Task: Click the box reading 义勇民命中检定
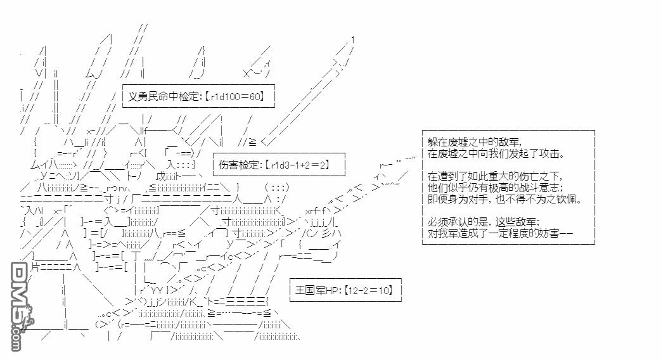coord(198,96)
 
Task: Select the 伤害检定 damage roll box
coord(279,165)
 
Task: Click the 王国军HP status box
coord(345,290)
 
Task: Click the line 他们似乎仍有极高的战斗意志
coord(495,188)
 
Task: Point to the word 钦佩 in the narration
coord(568,199)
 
